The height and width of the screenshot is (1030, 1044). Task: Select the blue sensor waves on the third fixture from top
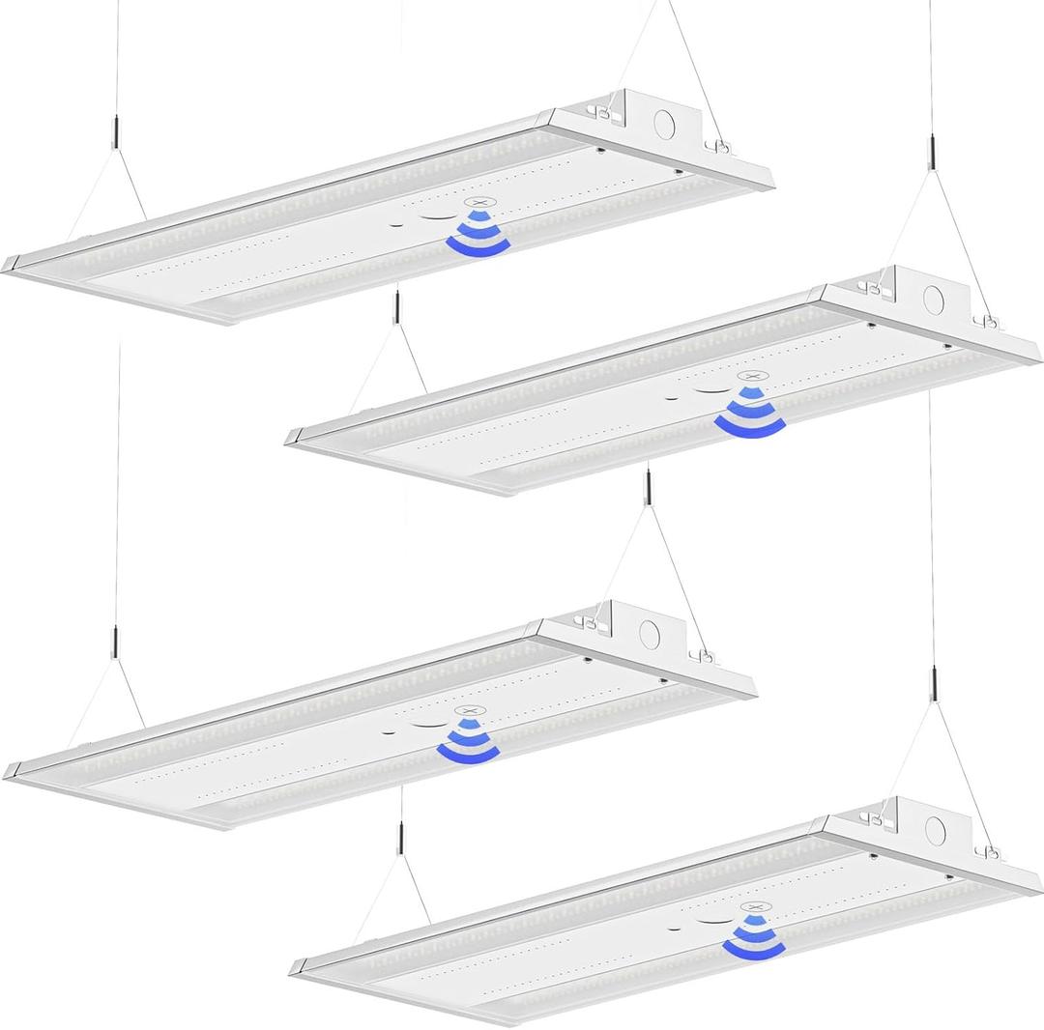click(468, 740)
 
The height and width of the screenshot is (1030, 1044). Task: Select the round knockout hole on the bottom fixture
click(934, 828)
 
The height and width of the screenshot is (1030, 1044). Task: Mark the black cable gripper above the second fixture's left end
click(397, 307)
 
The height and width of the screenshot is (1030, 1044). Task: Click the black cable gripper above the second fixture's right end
click(932, 154)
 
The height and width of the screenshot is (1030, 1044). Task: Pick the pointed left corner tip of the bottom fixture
click(293, 969)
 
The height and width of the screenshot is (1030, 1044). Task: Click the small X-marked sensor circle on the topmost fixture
click(476, 204)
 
